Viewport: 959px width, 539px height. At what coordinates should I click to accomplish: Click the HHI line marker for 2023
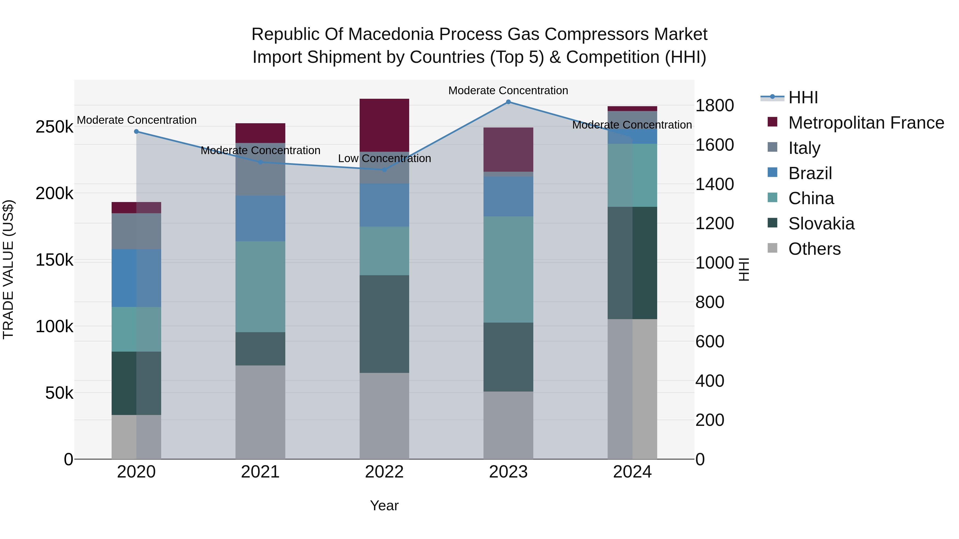point(508,102)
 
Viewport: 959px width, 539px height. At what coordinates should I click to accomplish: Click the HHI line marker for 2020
point(136,131)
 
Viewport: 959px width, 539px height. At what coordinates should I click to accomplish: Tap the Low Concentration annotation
point(384,158)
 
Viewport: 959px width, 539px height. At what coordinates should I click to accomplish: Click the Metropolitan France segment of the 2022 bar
point(384,125)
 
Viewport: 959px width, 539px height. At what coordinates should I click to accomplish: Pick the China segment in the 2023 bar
point(508,269)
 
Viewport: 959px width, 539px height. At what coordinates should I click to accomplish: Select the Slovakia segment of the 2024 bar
point(632,263)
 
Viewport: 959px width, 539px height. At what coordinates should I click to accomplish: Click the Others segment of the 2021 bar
point(260,412)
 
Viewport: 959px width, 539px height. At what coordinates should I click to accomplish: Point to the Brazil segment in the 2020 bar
point(136,278)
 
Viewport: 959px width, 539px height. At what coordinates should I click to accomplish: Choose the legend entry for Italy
point(804,148)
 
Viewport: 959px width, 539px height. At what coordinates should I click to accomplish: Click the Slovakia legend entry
point(821,224)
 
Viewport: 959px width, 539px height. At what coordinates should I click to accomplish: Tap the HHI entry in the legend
point(803,97)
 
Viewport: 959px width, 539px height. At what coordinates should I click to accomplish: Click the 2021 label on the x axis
point(260,472)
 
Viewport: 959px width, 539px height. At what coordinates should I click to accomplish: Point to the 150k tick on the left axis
point(54,260)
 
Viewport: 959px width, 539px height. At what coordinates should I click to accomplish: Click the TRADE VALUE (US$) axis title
point(8,269)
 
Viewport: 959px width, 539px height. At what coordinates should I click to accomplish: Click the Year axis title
point(384,505)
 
